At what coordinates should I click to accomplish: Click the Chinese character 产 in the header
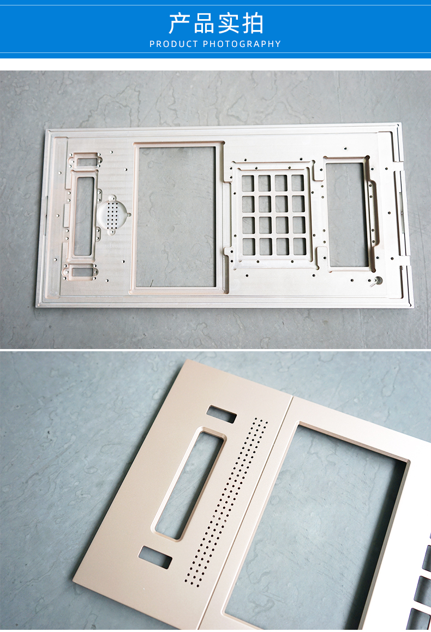(179, 23)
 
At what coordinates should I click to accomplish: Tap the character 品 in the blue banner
(203, 23)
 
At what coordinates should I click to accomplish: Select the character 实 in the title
(228, 23)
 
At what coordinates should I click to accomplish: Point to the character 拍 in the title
(253, 23)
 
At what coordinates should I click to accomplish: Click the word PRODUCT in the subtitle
(174, 44)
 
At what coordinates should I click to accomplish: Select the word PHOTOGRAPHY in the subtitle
(242, 44)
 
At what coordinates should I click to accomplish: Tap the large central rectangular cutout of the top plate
(176, 217)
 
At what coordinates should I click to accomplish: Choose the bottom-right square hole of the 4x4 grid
(300, 246)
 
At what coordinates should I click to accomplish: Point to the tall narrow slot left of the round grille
(83, 216)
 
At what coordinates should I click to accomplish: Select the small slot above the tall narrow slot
(86, 162)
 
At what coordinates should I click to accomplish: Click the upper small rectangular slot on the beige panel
(221, 415)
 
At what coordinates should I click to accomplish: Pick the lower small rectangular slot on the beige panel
(155, 557)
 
